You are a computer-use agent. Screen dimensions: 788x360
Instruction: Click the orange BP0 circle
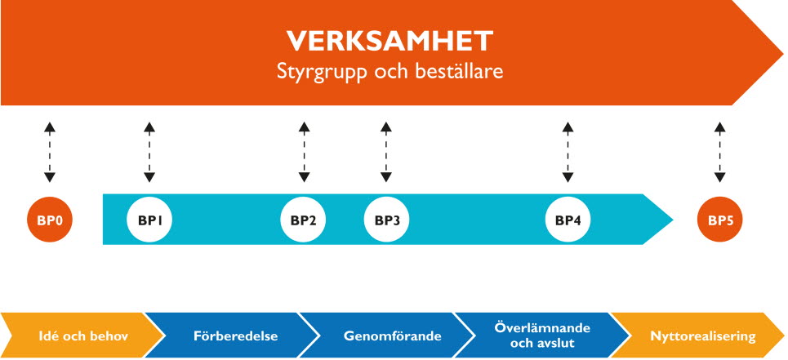(50, 220)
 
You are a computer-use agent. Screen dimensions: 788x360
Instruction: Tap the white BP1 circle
(149, 220)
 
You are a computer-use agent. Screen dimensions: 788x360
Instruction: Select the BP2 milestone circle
(303, 220)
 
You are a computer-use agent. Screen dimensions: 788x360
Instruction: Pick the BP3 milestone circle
(386, 220)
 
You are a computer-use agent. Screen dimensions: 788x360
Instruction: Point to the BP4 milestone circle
(568, 220)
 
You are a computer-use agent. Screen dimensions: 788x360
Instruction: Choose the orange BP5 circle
(720, 220)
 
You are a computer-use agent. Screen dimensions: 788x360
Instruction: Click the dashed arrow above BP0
(49, 152)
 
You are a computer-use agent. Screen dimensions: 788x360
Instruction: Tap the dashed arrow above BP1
(149, 152)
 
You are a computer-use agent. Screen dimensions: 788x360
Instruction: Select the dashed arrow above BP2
(304, 152)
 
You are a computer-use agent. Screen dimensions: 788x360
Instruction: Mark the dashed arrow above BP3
(386, 152)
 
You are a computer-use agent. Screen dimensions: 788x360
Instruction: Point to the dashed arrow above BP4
(568, 152)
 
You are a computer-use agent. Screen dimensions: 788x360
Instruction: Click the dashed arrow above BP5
(720, 152)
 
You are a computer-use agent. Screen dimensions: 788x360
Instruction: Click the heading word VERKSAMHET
(390, 41)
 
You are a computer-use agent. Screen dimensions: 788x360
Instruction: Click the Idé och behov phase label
(83, 336)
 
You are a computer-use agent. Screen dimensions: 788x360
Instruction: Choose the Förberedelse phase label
(236, 336)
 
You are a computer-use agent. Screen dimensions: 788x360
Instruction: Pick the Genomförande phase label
(393, 336)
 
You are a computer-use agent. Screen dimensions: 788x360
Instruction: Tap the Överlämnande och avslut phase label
(542, 336)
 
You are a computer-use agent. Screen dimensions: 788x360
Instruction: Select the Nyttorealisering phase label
(703, 336)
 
